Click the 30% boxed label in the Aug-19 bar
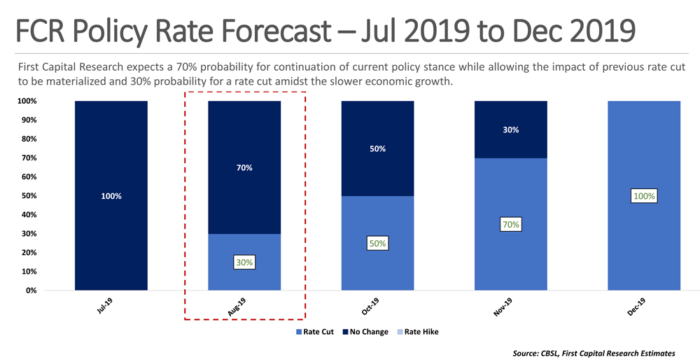click(x=245, y=263)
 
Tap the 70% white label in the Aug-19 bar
click(x=244, y=168)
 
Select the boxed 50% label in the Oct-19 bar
click(x=378, y=244)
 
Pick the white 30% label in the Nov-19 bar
click(x=510, y=130)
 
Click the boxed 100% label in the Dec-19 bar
click(x=644, y=196)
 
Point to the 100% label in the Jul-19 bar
click(x=111, y=196)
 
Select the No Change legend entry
click(x=366, y=331)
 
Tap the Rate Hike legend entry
click(x=419, y=331)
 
